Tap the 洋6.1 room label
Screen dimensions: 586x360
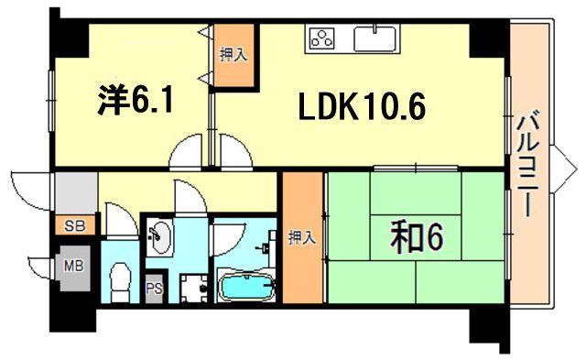click(136, 99)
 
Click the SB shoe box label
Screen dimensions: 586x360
click(75, 225)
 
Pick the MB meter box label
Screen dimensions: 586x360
click(73, 266)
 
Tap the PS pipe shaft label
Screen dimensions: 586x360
click(154, 289)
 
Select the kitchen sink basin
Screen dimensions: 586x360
click(374, 38)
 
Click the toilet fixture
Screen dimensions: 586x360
click(120, 282)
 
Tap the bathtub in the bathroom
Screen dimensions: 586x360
click(246, 287)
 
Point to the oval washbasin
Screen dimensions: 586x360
click(161, 237)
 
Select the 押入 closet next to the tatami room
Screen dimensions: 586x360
click(302, 238)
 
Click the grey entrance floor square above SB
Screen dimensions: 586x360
click(77, 193)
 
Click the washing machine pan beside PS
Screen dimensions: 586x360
click(194, 289)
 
